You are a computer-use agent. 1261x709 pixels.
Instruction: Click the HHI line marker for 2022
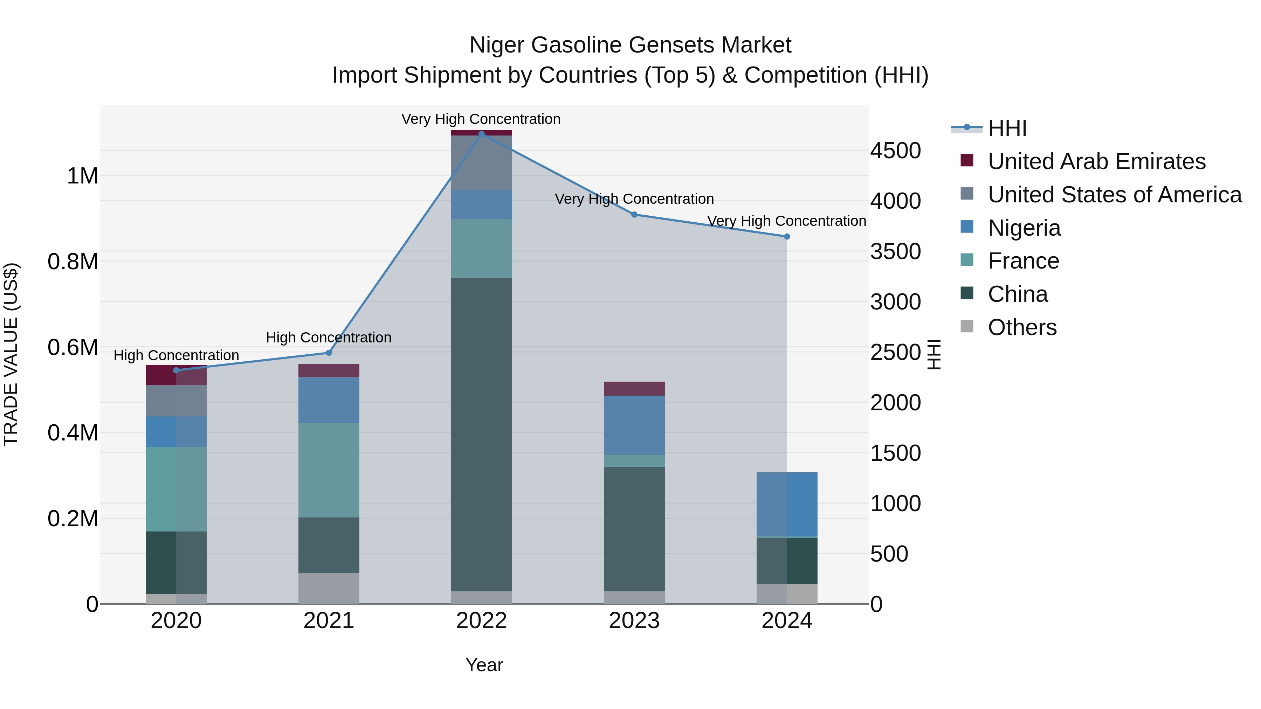pos(481,134)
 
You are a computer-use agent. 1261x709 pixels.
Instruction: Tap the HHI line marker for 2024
pos(787,236)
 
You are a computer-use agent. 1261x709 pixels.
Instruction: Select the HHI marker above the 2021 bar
pos(329,353)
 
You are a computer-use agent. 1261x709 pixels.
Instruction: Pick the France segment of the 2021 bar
pos(329,470)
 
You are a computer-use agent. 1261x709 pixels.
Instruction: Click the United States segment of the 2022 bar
pos(481,162)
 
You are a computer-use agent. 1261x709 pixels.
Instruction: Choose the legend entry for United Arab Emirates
pos(1096,161)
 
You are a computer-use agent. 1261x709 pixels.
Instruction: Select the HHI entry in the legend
pos(1007,128)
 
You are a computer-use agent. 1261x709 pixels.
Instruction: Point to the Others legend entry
pos(1022,327)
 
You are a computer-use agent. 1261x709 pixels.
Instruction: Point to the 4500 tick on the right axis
pos(895,151)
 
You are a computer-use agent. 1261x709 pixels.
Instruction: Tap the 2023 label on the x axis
pos(634,621)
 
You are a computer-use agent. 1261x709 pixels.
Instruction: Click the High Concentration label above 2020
pos(176,355)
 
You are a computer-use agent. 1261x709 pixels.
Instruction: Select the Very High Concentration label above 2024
pos(787,221)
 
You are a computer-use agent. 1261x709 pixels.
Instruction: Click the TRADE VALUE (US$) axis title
pos(11,354)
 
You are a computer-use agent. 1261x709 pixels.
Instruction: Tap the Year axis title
pos(484,665)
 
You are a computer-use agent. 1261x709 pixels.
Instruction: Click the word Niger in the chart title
pos(497,45)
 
